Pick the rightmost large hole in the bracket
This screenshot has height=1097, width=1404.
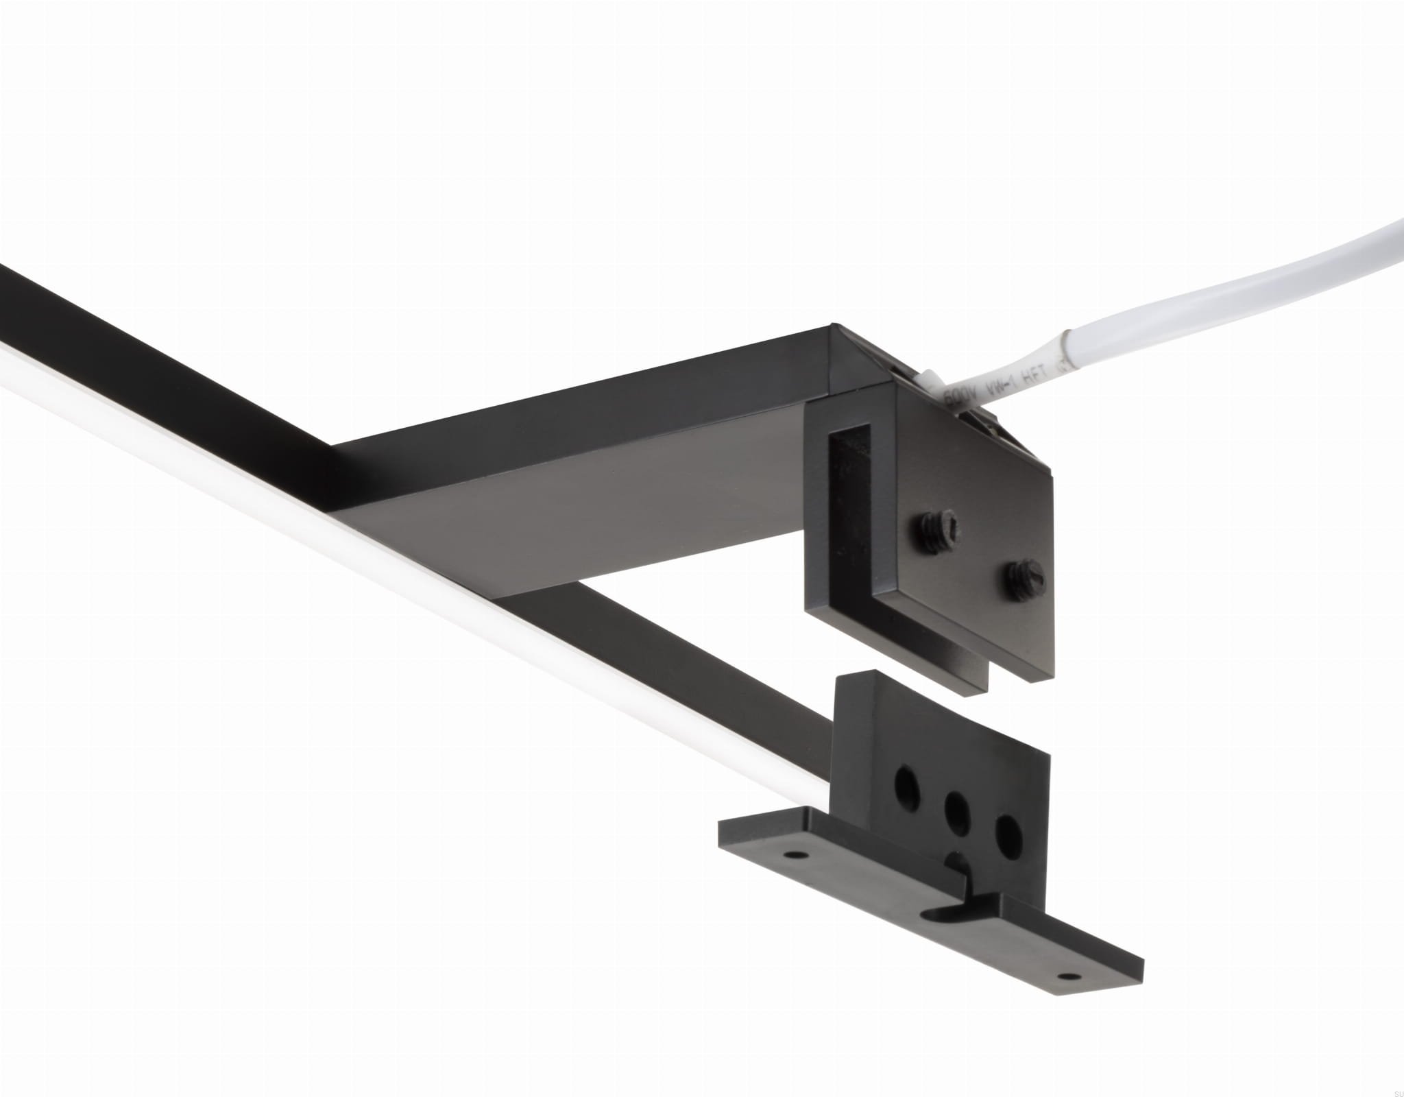1006,832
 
